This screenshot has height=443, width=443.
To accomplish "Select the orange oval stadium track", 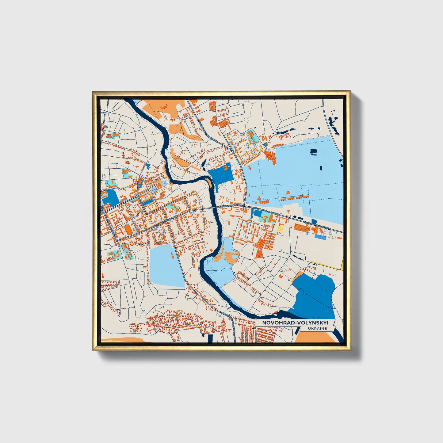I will click(x=127, y=229).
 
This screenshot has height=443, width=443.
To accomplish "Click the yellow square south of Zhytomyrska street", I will click(x=280, y=228).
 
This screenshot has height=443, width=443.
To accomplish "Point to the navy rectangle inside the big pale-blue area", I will click(x=314, y=151).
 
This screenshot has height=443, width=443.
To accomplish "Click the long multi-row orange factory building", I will click(x=302, y=227).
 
